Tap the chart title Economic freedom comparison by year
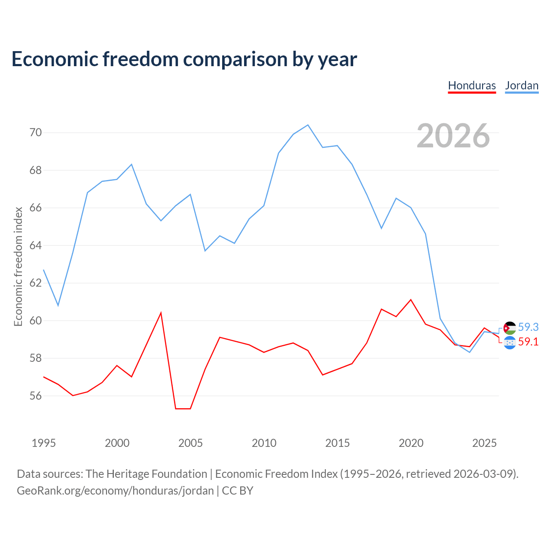(184, 59)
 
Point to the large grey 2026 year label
(453, 136)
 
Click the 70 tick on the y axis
(36, 132)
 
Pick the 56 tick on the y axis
(36, 396)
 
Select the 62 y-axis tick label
(36, 283)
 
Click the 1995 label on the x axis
(44, 443)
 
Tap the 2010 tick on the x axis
(264, 443)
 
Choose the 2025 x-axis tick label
(484, 443)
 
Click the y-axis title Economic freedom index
(18, 266)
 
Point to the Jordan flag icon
(510, 328)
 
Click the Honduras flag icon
(510, 342)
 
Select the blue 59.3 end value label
(529, 327)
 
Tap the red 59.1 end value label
(529, 342)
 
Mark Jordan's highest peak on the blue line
(308, 125)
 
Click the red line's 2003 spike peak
(161, 313)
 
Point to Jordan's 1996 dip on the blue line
(58, 306)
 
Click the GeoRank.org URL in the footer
(115, 491)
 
